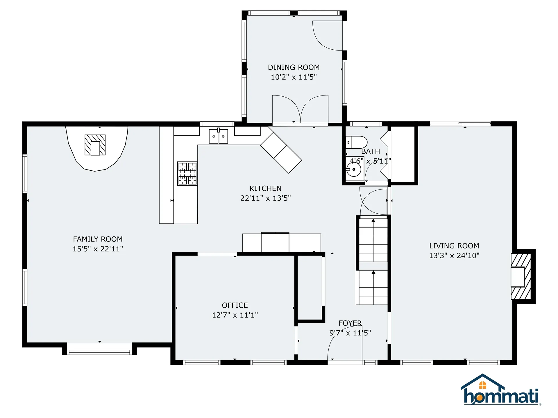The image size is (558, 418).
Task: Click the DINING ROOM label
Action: point(294,67)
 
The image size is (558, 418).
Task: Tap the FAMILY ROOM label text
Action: point(98,239)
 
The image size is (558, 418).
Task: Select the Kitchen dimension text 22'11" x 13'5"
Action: point(265,198)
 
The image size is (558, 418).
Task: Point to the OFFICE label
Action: point(235,305)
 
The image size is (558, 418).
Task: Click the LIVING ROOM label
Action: point(454,246)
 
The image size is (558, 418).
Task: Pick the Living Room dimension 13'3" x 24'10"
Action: point(454,255)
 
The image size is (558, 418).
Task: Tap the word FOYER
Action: point(350,323)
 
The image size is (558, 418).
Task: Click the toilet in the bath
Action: point(356,142)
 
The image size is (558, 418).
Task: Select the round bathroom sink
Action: point(354,169)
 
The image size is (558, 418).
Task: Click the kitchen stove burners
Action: point(187,174)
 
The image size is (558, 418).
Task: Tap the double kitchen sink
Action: point(218,136)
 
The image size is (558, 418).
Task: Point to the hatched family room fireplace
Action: point(95,145)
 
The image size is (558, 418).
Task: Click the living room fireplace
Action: point(521,276)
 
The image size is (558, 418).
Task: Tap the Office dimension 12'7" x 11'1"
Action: point(235,315)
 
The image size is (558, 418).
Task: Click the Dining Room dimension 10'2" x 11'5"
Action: point(294,77)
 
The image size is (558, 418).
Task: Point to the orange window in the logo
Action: point(483,385)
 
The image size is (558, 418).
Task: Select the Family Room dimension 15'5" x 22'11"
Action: point(98,249)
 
